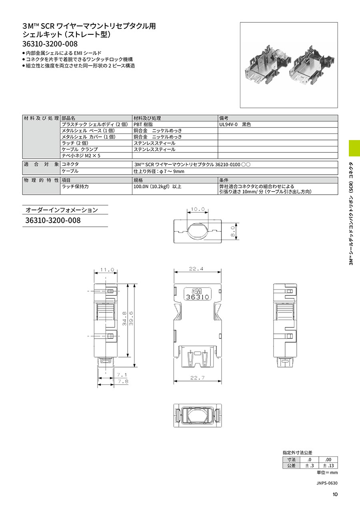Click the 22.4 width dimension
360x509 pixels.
point(196,269)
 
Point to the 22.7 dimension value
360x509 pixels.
point(198,378)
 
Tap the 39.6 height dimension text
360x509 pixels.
point(131,318)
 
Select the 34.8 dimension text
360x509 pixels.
point(124,318)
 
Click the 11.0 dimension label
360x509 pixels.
point(107,270)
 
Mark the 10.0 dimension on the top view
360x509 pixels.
point(198,209)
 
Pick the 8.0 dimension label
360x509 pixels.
point(232,232)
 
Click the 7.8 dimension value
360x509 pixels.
point(122,381)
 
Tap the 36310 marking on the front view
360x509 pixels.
point(197,297)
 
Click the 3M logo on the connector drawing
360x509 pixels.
point(197,291)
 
